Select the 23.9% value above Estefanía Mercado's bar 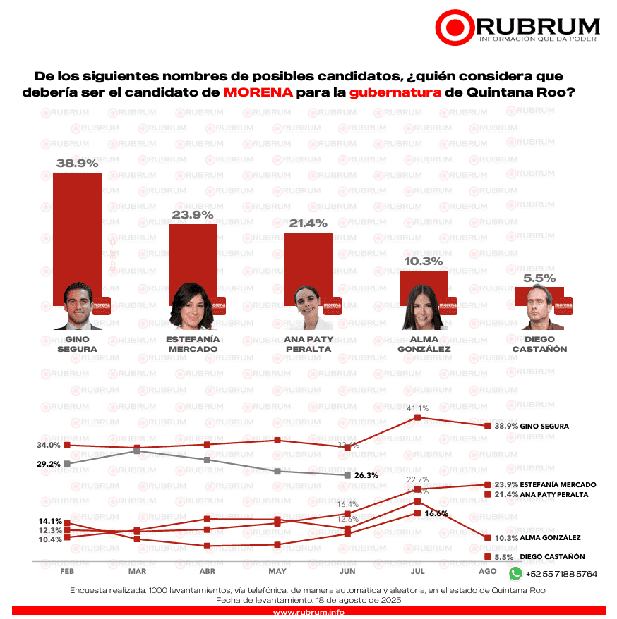(193, 214)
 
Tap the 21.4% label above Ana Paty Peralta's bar (308, 223)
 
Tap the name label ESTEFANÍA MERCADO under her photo (192, 344)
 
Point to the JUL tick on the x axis (418, 571)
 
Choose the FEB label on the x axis (67, 571)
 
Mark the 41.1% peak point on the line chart (418, 417)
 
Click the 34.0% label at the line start (49, 446)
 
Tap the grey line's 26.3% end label (366, 476)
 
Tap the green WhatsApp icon (515, 574)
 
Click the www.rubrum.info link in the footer (308, 612)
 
